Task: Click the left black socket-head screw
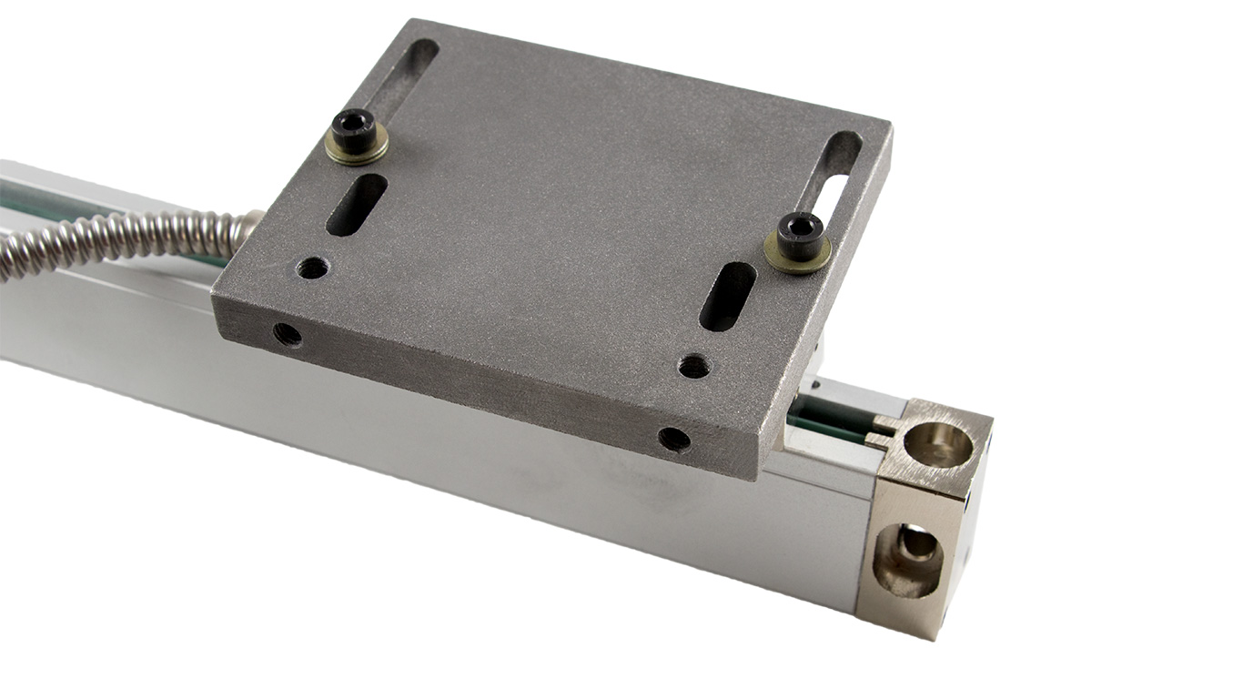355,130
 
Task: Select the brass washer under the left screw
357,147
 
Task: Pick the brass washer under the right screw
798,257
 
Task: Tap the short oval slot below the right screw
727,296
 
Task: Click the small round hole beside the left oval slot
312,268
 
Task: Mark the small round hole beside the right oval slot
693,366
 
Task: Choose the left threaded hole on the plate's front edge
287,334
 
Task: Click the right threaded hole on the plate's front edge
674,439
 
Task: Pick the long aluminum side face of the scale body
455,455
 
